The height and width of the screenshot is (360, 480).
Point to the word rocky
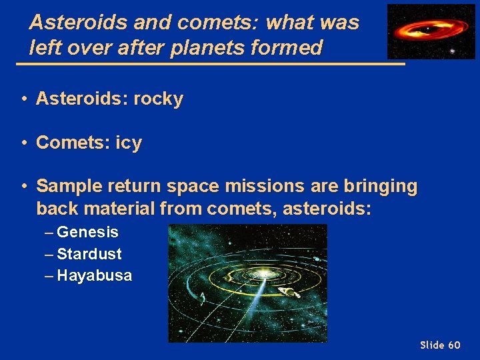point(159,99)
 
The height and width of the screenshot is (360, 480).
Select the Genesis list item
point(87,233)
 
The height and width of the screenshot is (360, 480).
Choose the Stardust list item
point(89,254)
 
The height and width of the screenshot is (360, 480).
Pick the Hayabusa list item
point(94,275)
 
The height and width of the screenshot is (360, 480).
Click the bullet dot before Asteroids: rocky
point(23,99)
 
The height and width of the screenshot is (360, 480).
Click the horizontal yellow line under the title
point(210,63)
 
